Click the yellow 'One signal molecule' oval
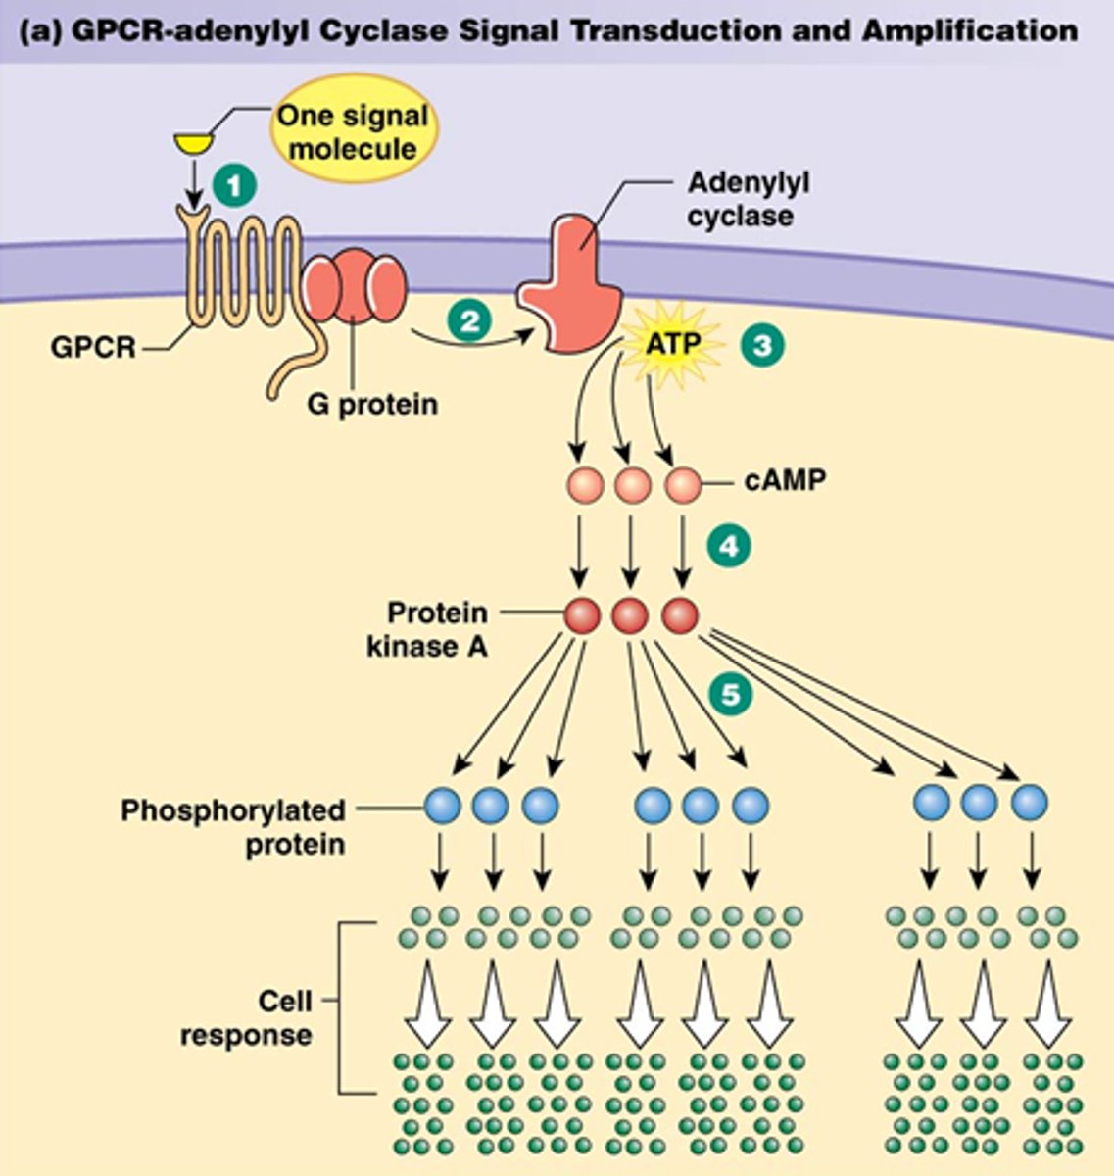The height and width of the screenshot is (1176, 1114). [352, 131]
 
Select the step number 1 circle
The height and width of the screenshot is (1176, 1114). [234, 184]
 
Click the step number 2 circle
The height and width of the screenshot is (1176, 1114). [470, 320]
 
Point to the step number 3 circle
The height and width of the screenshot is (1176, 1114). [761, 345]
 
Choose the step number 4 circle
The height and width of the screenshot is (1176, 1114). [728, 546]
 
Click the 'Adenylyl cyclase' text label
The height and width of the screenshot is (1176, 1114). [747, 199]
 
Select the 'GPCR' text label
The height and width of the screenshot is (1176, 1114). [93, 347]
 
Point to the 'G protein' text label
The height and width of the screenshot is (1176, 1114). [371, 403]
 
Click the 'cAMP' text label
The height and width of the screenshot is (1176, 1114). [784, 482]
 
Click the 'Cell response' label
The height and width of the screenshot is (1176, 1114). [247, 1017]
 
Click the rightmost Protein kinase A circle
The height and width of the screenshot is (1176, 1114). [680, 616]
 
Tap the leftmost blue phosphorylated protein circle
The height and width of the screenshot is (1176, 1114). [442, 805]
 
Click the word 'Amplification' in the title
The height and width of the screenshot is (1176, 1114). [970, 29]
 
